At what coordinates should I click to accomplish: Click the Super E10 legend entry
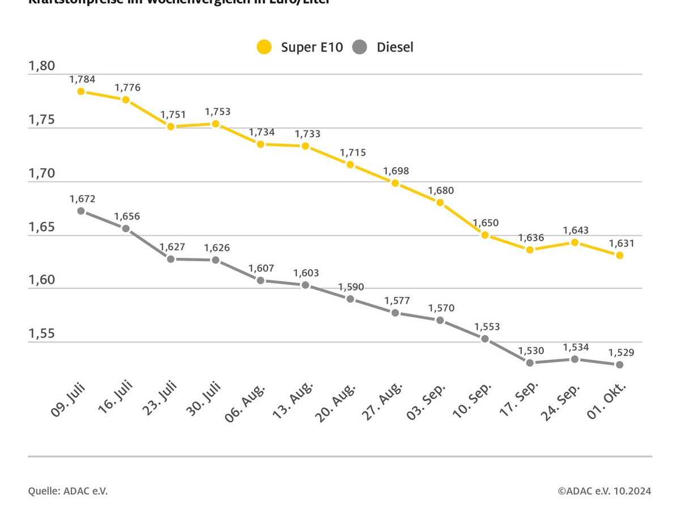click(x=300, y=47)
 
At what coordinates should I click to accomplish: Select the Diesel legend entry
click(x=384, y=47)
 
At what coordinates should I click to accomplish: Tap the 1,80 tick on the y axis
click(x=42, y=66)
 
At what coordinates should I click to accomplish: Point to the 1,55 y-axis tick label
click(x=42, y=334)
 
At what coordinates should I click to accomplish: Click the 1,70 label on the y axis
click(x=42, y=173)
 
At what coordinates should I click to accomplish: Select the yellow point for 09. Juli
click(x=81, y=91)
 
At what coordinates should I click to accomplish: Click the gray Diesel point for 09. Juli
click(x=81, y=211)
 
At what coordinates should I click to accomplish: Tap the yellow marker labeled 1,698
click(x=396, y=183)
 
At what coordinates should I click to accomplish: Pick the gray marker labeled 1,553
click(x=485, y=339)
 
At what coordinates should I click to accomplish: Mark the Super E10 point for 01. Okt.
click(x=620, y=255)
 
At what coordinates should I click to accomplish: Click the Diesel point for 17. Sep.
click(x=530, y=363)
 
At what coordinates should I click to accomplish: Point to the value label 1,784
click(x=82, y=79)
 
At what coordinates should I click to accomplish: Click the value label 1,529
click(x=621, y=352)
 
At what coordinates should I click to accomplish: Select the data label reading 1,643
click(x=576, y=231)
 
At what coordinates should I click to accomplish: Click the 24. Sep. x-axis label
click(x=561, y=404)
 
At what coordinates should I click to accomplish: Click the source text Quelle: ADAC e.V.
click(x=68, y=491)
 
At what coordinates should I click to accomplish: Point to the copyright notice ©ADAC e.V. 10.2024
click(x=604, y=491)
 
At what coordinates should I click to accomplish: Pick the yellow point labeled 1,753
click(x=216, y=124)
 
